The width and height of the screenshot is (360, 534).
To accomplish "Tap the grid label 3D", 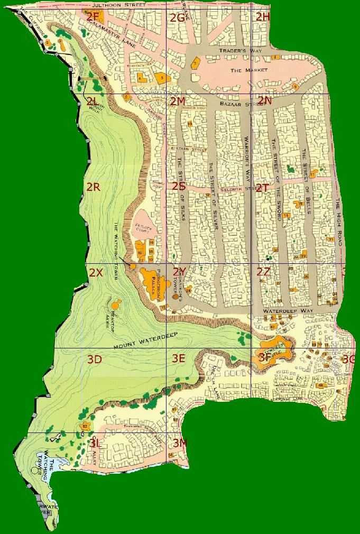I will tap(95, 360).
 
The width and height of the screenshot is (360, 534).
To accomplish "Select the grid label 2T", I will tap(263, 188).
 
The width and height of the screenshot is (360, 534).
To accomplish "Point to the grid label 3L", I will tap(96, 443).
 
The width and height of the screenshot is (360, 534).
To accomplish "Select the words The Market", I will tap(249, 70).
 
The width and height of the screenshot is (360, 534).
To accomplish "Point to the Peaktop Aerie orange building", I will tap(116, 305).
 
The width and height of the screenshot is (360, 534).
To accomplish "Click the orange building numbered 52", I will tap(85, 426).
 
